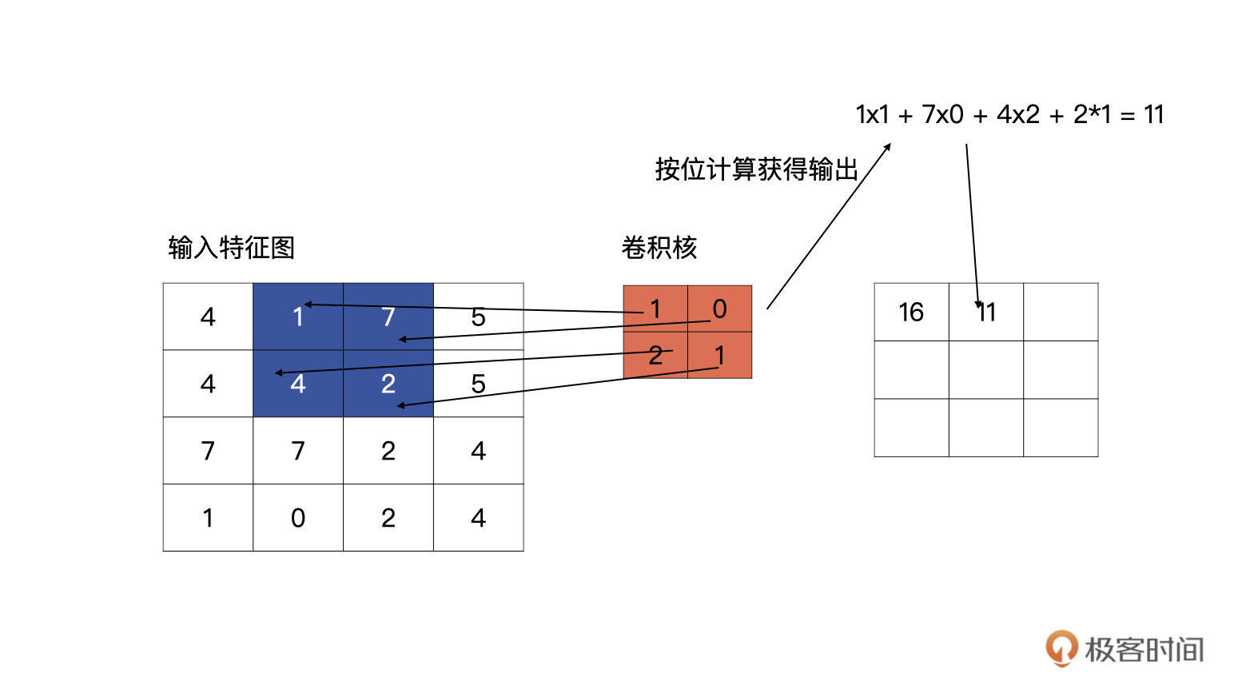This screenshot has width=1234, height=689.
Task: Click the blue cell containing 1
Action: point(297,317)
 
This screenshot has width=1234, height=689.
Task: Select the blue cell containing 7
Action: point(388,317)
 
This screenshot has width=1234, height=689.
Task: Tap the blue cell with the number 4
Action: point(297,384)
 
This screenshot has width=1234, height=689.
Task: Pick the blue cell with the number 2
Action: point(388,384)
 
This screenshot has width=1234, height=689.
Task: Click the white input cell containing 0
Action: point(297,518)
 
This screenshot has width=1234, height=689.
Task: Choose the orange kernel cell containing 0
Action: point(719,309)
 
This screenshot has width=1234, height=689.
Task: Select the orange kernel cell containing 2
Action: point(655,355)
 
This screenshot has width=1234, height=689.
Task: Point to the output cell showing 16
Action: point(911,312)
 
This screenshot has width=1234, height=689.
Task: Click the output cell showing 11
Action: point(986,312)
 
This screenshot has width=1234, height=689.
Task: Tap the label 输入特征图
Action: point(232,248)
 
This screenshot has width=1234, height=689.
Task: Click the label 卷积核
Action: point(659,248)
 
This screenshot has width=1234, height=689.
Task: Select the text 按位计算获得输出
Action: point(756,169)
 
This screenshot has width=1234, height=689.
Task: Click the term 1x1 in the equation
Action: point(872,115)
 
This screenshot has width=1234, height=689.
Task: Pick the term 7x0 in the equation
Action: point(942,115)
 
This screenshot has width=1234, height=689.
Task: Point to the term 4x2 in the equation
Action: point(1017,115)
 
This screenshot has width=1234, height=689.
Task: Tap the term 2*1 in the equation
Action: point(1092,115)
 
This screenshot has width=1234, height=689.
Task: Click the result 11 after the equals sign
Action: point(1153,115)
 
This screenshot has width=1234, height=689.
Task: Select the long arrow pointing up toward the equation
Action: point(829,225)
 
